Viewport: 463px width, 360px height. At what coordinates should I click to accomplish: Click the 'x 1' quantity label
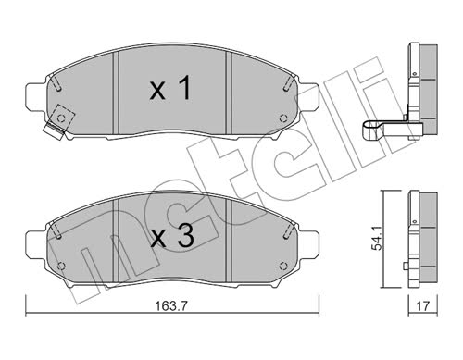point(170,88)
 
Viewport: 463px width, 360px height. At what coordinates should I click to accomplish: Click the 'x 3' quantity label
point(172,236)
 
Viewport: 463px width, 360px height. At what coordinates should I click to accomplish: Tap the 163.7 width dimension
point(171,306)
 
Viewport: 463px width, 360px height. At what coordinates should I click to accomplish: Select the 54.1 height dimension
point(378,240)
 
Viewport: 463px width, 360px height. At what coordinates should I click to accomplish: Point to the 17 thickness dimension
point(422,306)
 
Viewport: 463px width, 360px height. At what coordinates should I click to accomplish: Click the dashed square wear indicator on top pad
point(61,118)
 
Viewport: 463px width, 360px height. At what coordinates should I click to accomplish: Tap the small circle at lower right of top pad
point(282,118)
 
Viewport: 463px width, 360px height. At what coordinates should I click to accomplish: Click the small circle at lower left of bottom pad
point(61,266)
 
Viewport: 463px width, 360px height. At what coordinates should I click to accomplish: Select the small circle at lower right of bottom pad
point(282,266)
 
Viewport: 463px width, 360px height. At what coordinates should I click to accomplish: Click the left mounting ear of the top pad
point(35,95)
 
